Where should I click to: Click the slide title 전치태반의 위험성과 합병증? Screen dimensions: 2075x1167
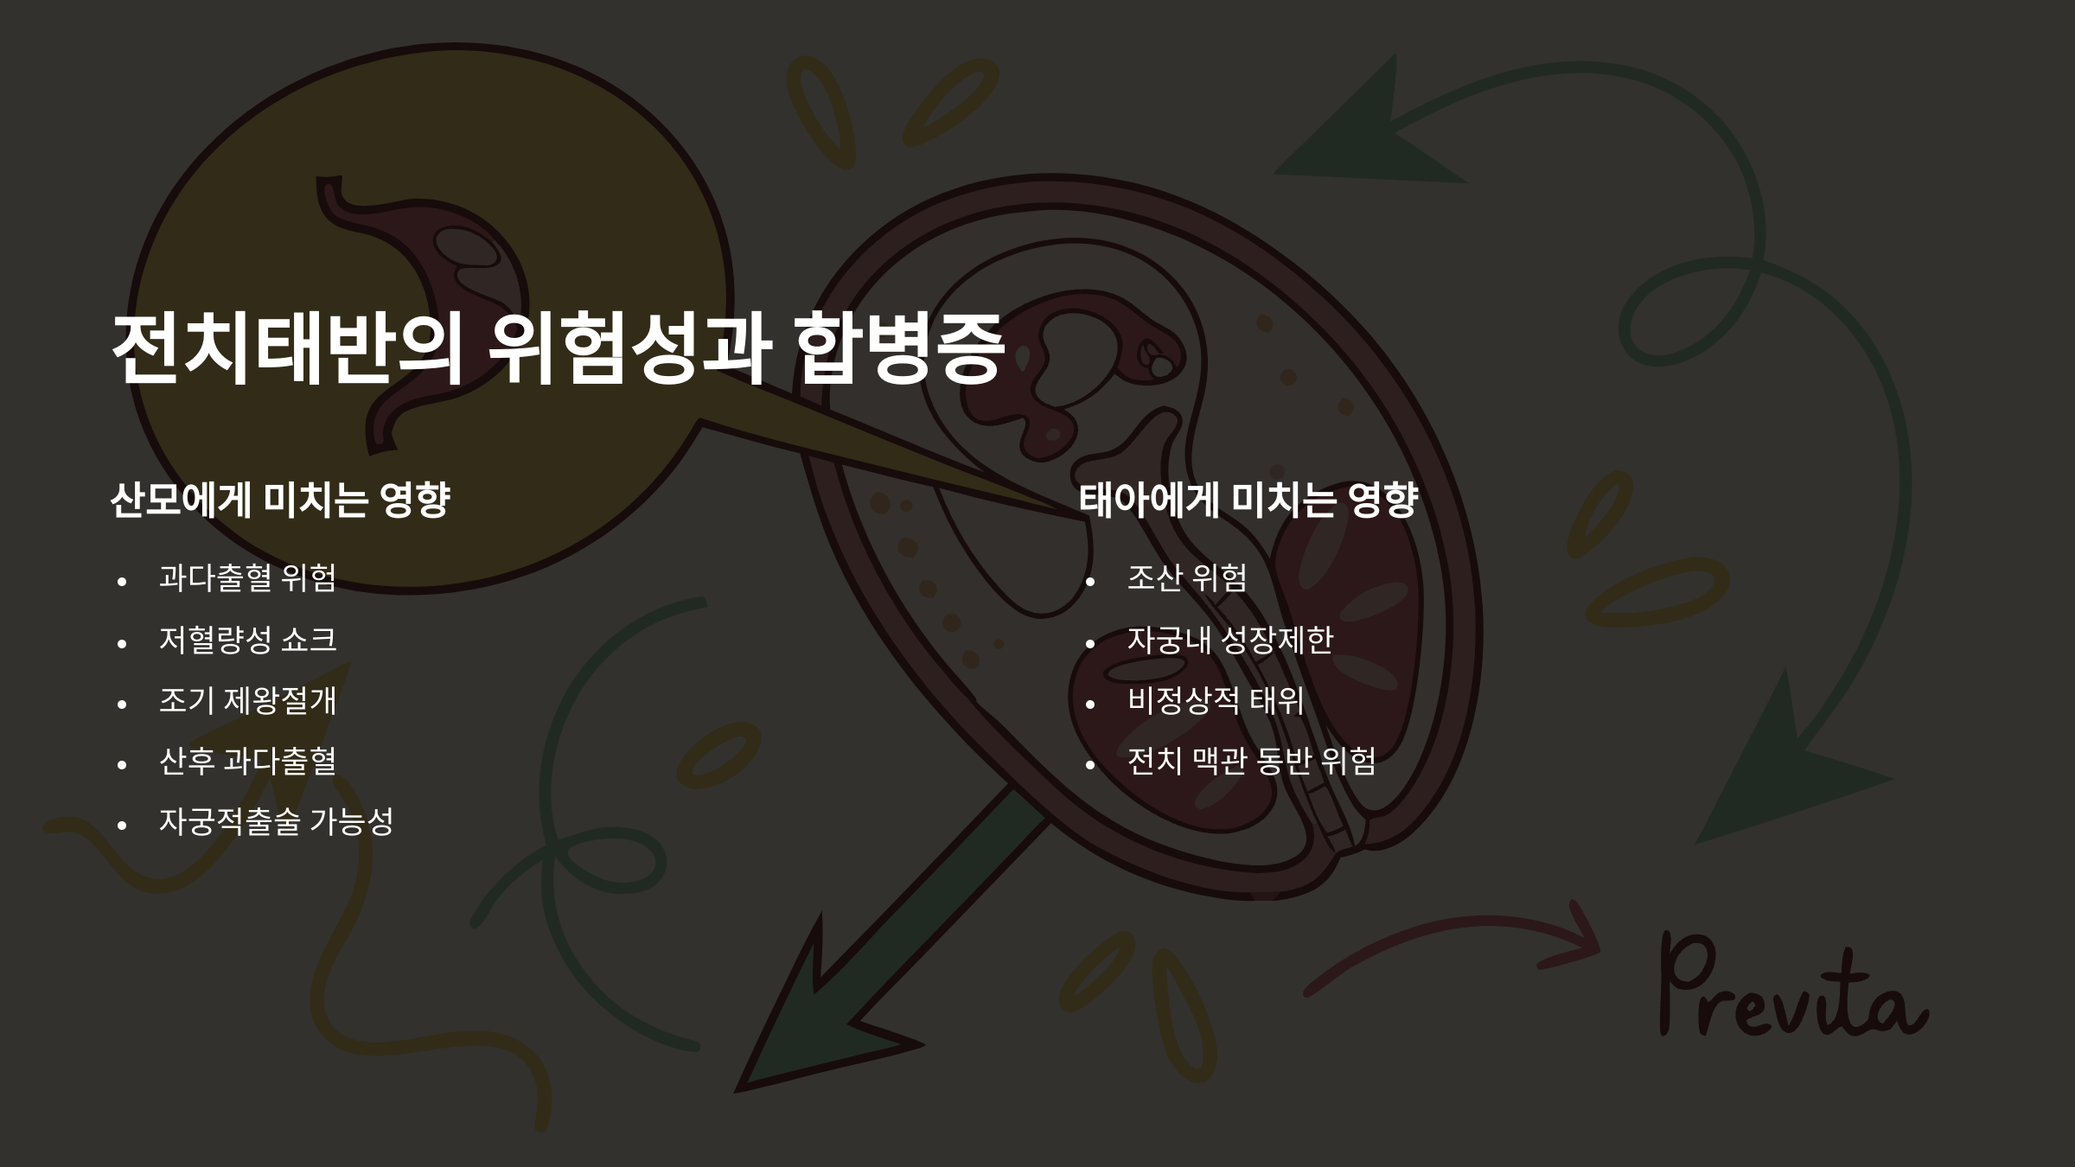coord(558,348)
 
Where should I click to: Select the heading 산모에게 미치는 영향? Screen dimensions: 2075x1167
coord(280,500)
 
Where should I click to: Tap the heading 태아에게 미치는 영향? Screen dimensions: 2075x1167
coord(1248,500)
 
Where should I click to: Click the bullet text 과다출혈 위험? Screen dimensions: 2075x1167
coord(247,577)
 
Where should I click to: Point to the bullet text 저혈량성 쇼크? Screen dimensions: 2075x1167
coord(247,640)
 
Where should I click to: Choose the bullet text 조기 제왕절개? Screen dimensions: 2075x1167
coord(247,700)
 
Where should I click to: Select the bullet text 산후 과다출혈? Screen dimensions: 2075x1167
coord(247,761)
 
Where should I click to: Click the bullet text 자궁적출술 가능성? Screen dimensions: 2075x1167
coord(276,821)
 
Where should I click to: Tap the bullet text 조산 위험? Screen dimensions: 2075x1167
coord(1187,577)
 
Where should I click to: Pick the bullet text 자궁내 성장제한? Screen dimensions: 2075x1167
coord(1229,640)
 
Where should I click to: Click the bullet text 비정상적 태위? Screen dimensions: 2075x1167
coord(1215,700)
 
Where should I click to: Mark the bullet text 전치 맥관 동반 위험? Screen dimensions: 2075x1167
coord(1251,761)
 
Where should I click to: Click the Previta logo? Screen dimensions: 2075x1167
coord(1790,990)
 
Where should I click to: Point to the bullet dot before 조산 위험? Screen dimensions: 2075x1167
coord(1090,582)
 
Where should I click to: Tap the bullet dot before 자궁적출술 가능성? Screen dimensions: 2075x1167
coord(122,826)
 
